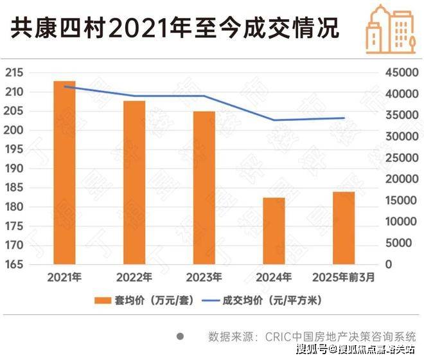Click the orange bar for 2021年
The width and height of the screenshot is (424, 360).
(64, 173)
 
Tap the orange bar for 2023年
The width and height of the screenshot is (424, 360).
(204, 188)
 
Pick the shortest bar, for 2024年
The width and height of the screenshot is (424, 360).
(274, 231)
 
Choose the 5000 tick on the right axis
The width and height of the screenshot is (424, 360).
(402, 243)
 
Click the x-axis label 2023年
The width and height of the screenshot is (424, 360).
(204, 278)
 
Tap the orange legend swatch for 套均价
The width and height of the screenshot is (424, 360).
(102, 301)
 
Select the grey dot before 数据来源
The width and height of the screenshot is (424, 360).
(181, 336)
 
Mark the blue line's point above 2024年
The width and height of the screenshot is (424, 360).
(274, 120)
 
